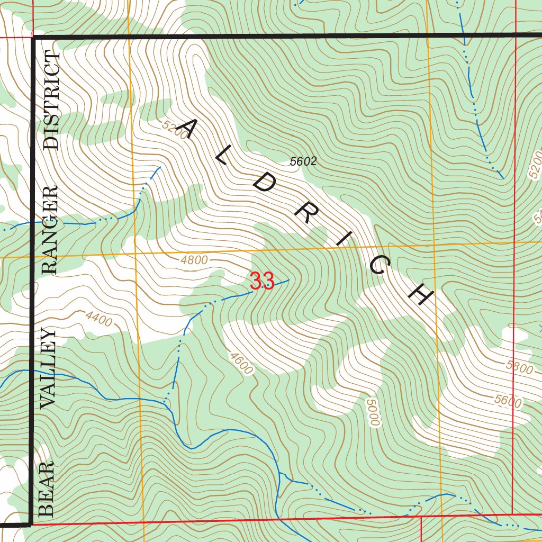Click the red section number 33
pos(261,281)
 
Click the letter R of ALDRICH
pos(305,216)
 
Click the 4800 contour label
pos(194,260)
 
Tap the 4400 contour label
pos(98,320)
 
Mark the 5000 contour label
pos(373,412)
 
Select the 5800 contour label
pos(519,367)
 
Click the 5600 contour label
pos(508,401)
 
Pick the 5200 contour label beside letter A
pos(175,130)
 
